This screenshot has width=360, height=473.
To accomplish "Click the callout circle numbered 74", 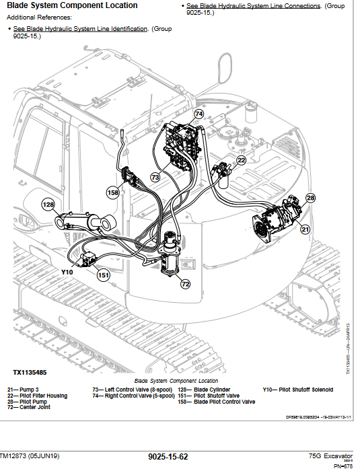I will [x=199, y=114].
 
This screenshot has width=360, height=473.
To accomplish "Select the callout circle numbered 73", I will [x=155, y=178].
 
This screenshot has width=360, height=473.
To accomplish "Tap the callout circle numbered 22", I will [x=241, y=160].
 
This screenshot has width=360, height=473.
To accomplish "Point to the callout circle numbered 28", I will [x=310, y=198].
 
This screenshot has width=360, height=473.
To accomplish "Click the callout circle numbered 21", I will [x=305, y=229].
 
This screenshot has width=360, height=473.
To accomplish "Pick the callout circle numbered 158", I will [x=113, y=193].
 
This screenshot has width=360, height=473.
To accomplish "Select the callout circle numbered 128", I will [x=48, y=205].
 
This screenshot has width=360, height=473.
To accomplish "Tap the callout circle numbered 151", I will [x=103, y=275].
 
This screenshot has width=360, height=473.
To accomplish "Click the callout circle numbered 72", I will [x=186, y=284].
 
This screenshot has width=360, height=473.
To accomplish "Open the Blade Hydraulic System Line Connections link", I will [x=253, y=6].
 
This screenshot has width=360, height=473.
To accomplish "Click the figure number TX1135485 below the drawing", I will [x=30, y=372].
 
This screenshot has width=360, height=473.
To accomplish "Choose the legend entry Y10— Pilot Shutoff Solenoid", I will [x=297, y=390].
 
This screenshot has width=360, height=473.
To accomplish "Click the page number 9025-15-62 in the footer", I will [x=168, y=458].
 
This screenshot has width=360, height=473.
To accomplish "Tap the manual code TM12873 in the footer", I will [x=18, y=456].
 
